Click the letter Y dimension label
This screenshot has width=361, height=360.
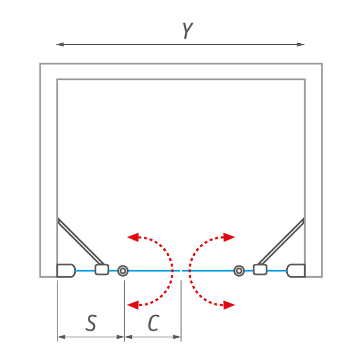[x=188, y=31]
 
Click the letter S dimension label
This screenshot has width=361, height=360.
[x=91, y=322]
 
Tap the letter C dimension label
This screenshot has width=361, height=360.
[x=154, y=322]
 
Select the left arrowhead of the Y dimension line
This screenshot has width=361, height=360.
[x=60, y=44]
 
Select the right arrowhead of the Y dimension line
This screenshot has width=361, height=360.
[x=300, y=44]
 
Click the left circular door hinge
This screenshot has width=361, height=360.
[x=123, y=271]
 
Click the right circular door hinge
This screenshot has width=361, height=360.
[x=239, y=271]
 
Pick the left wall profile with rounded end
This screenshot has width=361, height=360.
[x=66, y=271]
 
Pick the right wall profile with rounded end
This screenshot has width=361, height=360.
[x=296, y=271]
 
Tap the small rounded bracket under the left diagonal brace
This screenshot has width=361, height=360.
[x=102, y=269]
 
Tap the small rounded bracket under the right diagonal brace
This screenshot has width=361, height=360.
[x=260, y=269]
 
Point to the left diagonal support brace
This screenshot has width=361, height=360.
[x=80, y=241]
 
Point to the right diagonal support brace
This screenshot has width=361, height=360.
[x=281, y=241]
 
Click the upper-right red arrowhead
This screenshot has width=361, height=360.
[x=229, y=237]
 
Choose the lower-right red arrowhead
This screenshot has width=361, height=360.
[x=229, y=305]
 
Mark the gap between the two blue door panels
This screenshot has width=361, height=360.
[x=181, y=271]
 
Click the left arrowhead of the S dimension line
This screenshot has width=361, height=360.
[x=61, y=337]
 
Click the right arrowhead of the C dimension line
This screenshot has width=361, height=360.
[x=177, y=337]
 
